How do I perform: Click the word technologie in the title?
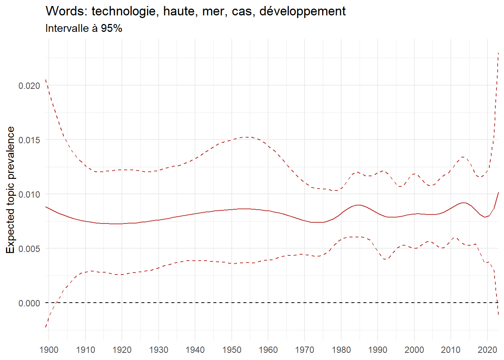tap(121, 12)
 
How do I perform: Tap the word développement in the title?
tap(302, 12)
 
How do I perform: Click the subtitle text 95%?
tap(111, 28)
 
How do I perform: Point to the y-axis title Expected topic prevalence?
tap(10, 190)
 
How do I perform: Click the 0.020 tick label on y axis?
tap(29, 86)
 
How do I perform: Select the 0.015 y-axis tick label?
tap(29, 140)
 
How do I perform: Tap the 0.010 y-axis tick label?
tap(29, 195)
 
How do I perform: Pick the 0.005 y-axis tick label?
tap(29, 249)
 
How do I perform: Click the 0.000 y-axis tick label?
tap(29, 303)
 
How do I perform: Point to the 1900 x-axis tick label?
tap(49, 350)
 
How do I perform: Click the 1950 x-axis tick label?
tap(232, 350)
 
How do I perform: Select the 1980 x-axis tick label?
tap(341, 350)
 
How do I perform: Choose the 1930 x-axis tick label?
tap(159, 350)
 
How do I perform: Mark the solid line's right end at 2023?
tap(498, 192)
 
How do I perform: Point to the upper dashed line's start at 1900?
tap(46, 80)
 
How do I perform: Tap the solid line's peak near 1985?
tap(358, 205)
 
